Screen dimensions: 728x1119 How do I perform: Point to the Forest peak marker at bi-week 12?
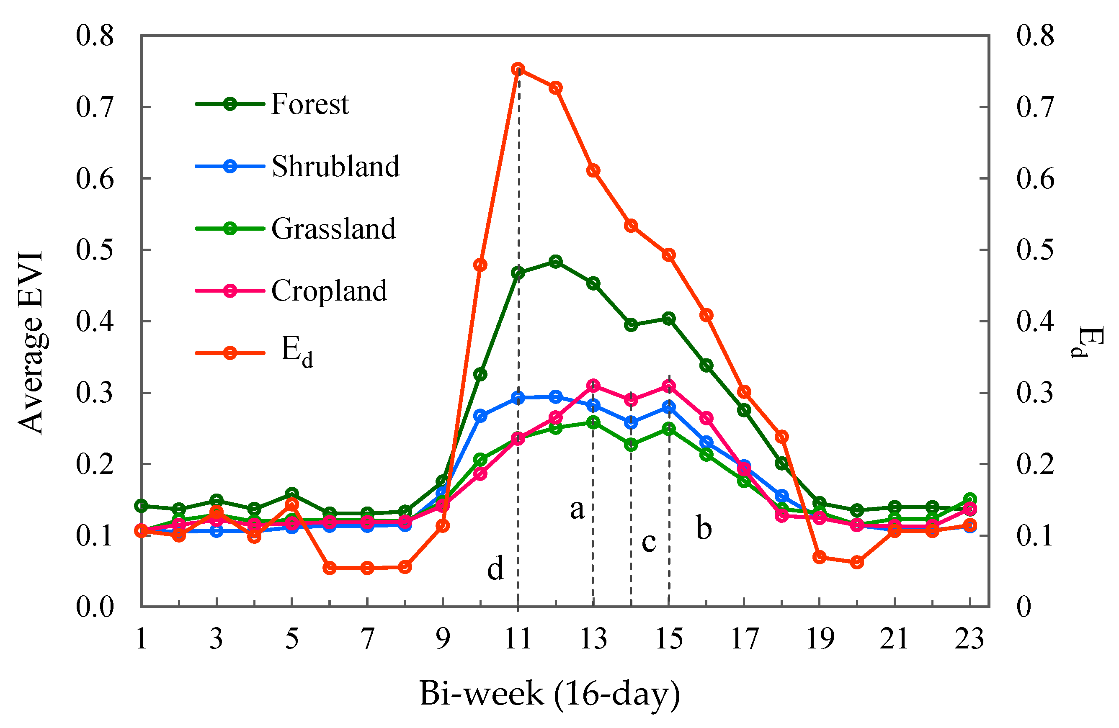click(x=556, y=262)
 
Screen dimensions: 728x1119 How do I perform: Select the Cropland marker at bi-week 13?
click(x=593, y=386)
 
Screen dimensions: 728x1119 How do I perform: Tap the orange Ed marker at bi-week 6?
click(x=330, y=568)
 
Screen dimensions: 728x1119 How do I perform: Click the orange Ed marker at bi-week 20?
click(x=857, y=562)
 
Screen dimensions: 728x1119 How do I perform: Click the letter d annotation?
click(x=495, y=568)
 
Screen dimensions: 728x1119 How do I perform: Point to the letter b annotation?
click(x=704, y=528)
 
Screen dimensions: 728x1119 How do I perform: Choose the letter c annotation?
click(x=649, y=542)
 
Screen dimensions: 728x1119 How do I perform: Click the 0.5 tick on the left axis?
click(x=95, y=250)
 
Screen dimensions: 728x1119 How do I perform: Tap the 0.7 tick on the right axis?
click(x=1035, y=107)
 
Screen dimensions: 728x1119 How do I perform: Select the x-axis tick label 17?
click(x=744, y=639)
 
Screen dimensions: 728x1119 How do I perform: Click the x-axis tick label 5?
click(x=292, y=639)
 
